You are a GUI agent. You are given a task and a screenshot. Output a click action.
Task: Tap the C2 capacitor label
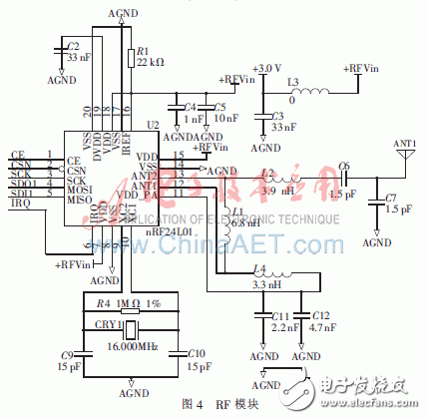coord(72,46)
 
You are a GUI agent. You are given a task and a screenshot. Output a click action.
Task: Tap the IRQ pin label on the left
coord(19,203)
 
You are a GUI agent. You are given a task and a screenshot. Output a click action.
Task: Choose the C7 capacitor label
coord(392,198)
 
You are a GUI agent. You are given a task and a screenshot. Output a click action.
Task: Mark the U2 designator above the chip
coord(153,125)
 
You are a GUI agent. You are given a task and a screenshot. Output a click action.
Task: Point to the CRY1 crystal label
coord(106,324)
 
